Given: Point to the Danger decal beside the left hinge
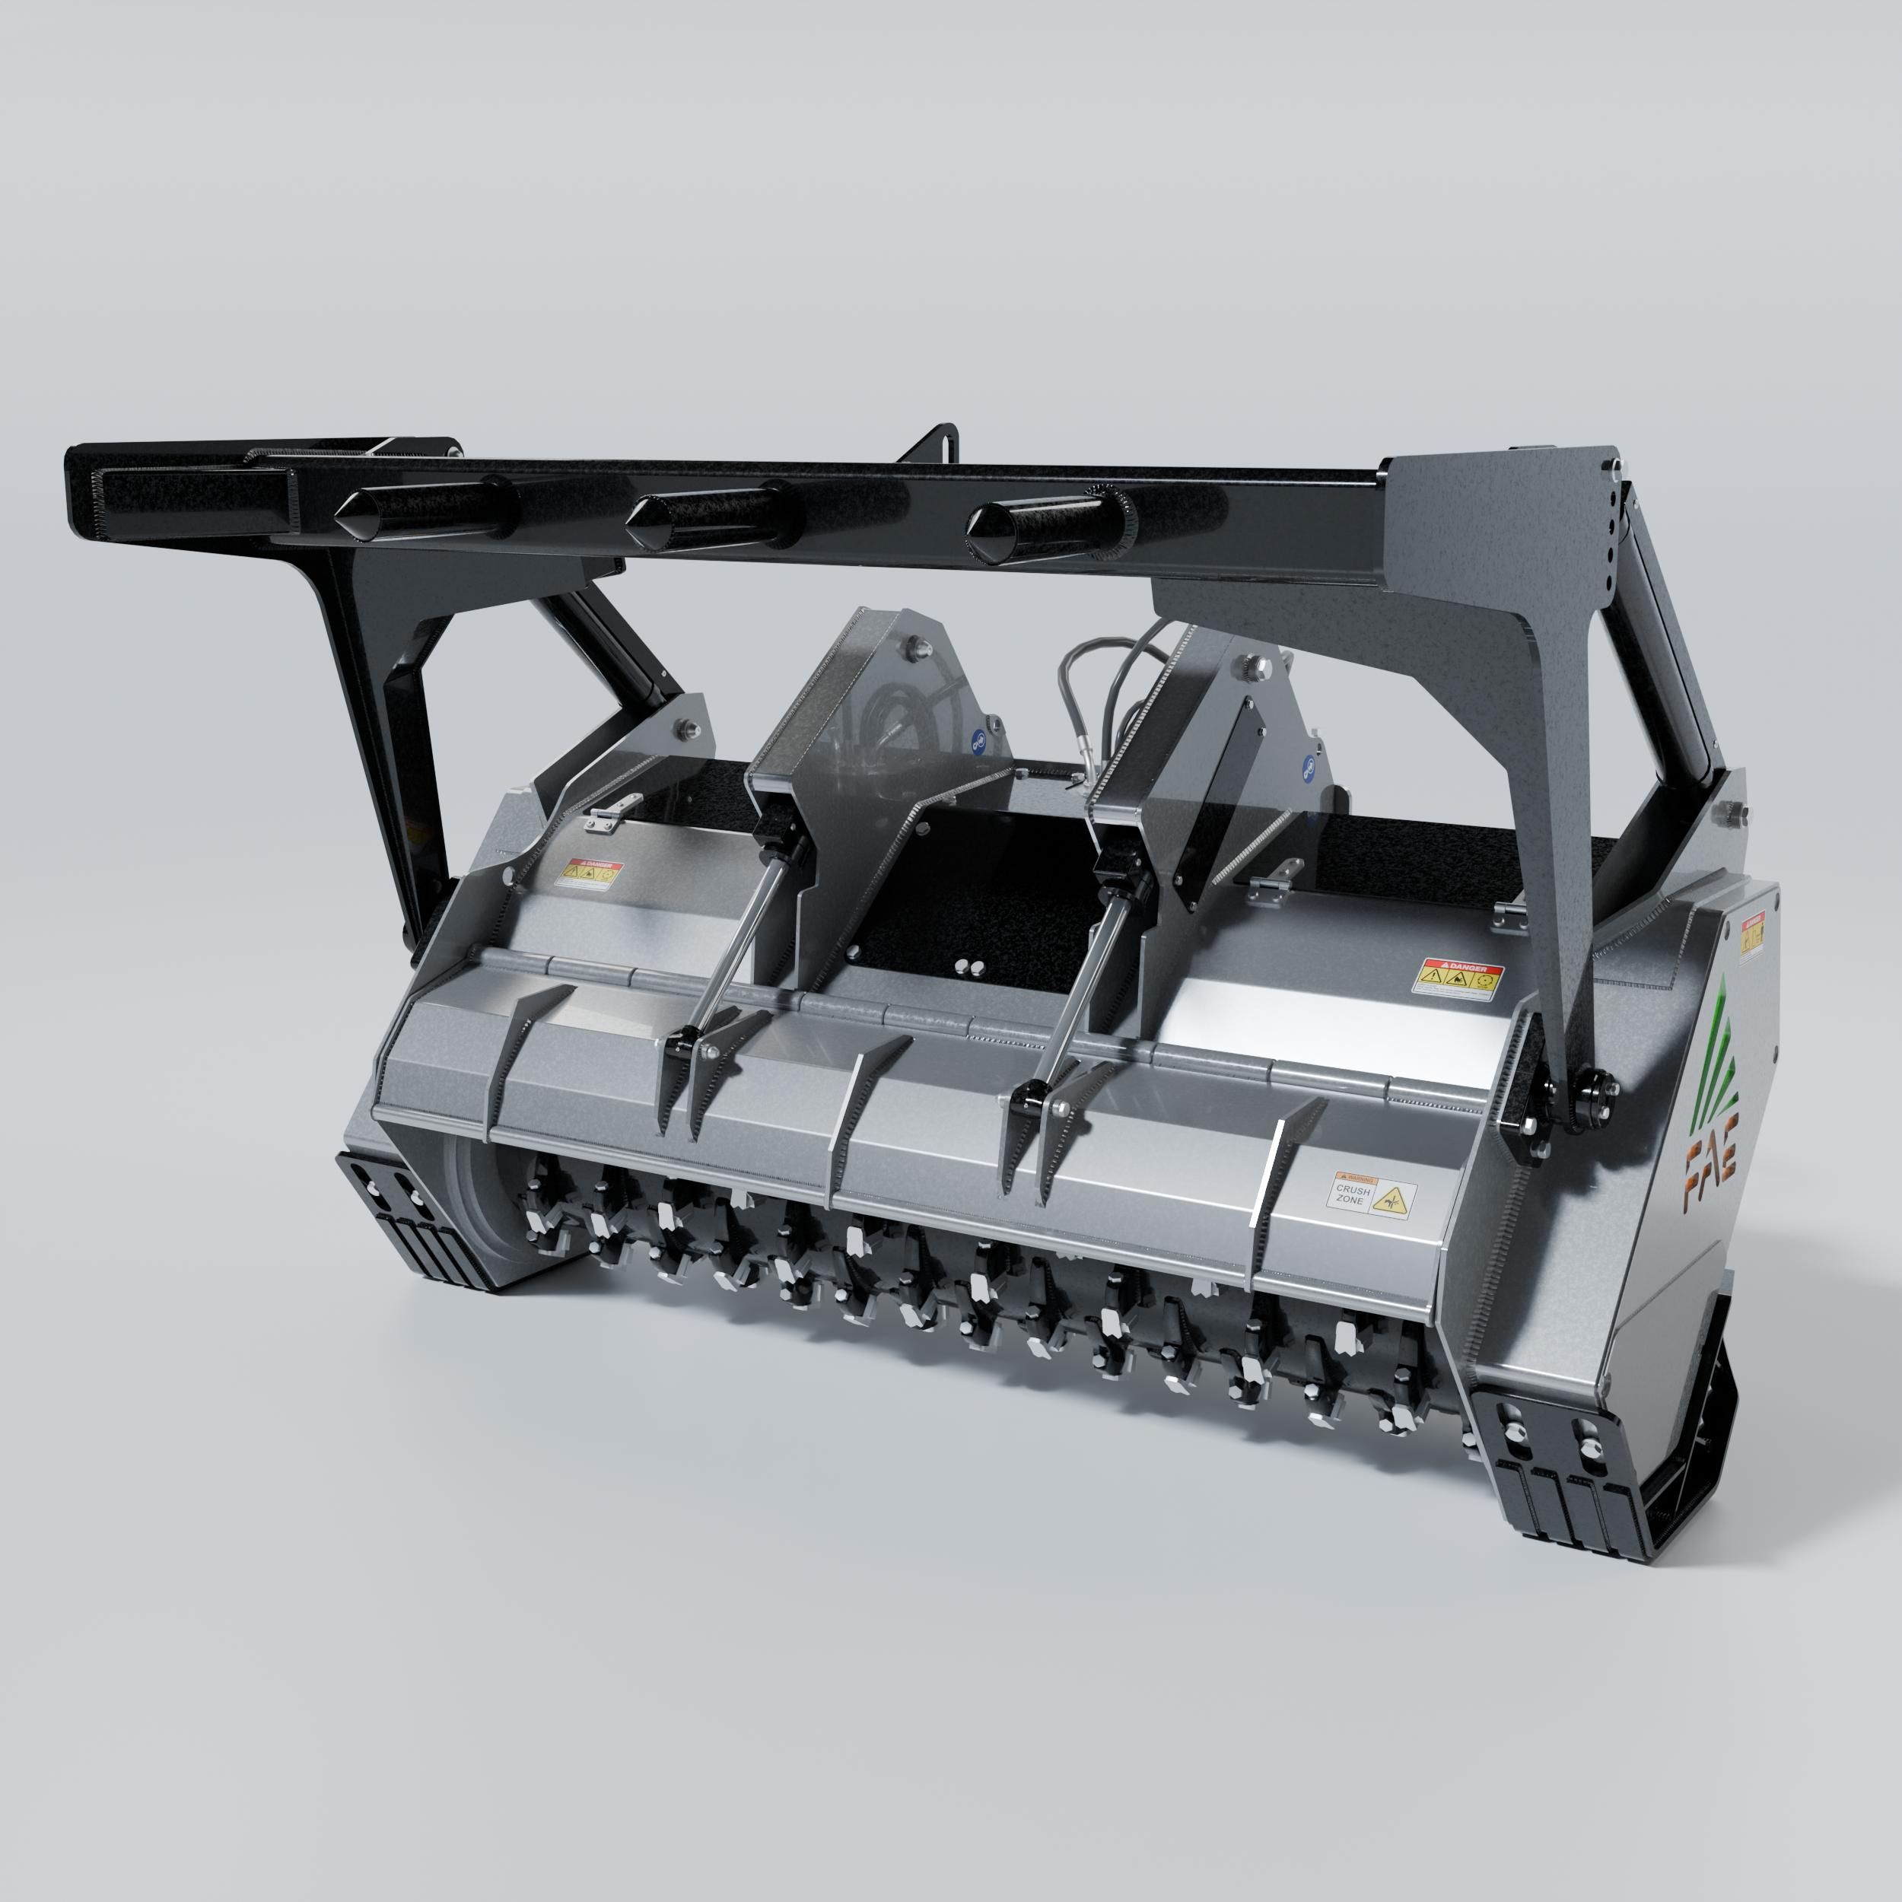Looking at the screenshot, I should (588, 873).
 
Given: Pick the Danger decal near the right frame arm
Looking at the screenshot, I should (1459, 980).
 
